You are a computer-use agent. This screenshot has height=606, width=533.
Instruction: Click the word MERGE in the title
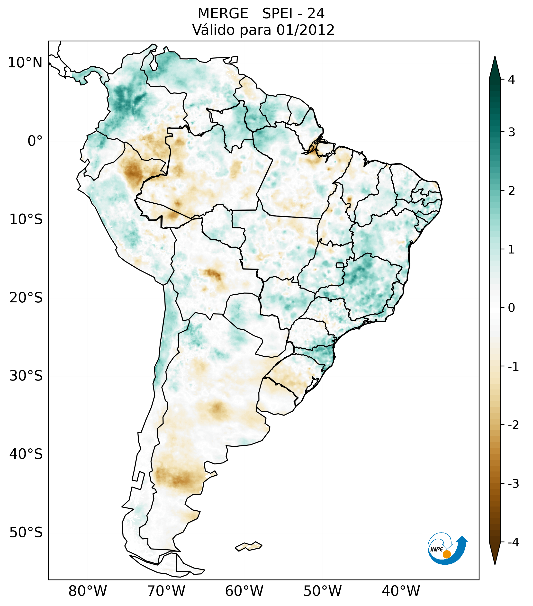coord(223,14)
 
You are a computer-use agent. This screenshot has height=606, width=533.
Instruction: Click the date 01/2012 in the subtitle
coord(306,30)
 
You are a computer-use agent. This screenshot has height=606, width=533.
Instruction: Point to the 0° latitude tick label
coord(35,141)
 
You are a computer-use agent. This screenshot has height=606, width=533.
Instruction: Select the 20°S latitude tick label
coord(26,298)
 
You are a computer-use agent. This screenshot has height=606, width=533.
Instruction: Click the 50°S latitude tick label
coord(26,533)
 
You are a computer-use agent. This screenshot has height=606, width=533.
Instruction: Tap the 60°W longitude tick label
coord(244,591)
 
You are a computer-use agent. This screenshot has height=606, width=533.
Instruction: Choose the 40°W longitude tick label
coord(401,591)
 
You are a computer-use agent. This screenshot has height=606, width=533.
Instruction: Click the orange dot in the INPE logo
coord(447,554)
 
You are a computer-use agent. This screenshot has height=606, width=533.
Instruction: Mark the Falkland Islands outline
coord(248,546)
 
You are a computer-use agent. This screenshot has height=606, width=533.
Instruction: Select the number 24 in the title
coord(316,14)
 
